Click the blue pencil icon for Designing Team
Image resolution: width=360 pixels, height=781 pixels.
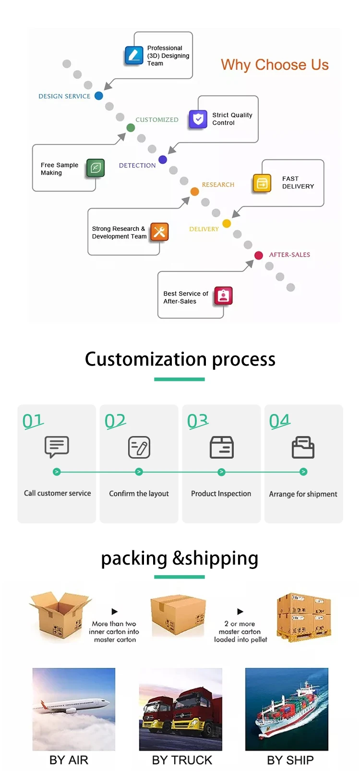click(x=134, y=55)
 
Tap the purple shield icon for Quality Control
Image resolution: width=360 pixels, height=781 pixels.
click(x=198, y=119)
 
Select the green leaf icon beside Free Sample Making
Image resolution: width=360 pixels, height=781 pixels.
click(x=96, y=168)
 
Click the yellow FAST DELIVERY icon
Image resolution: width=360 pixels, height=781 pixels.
click(x=262, y=183)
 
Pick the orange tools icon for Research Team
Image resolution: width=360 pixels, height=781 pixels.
click(x=159, y=232)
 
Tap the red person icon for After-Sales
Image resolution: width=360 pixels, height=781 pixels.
click(x=223, y=296)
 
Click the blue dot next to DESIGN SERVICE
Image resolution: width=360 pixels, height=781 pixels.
click(x=99, y=96)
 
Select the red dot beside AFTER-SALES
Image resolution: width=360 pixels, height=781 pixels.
click(x=259, y=255)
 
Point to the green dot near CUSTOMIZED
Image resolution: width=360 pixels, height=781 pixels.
click(x=131, y=128)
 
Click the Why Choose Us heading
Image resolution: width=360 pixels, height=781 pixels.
click(x=275, y=65)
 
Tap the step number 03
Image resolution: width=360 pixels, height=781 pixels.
click(x=198, y=421)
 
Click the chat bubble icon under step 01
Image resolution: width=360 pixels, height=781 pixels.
click(x=57, y=447)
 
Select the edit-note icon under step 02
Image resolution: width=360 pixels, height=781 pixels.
click(x=139, y=447)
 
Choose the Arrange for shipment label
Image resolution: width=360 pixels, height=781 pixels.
click(x=303, y=494)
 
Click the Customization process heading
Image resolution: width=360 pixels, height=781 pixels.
click(x=180, y=359)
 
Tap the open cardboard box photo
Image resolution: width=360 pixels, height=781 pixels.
click(x=59, y=616)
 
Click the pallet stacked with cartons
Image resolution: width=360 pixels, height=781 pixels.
click(x=304, y=617)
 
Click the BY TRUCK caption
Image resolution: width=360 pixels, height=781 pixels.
click(x=182, y=760)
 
